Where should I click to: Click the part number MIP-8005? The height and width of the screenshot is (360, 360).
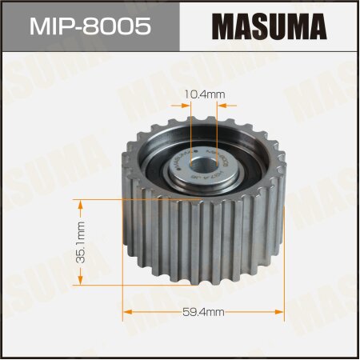(x=89, y=26)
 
